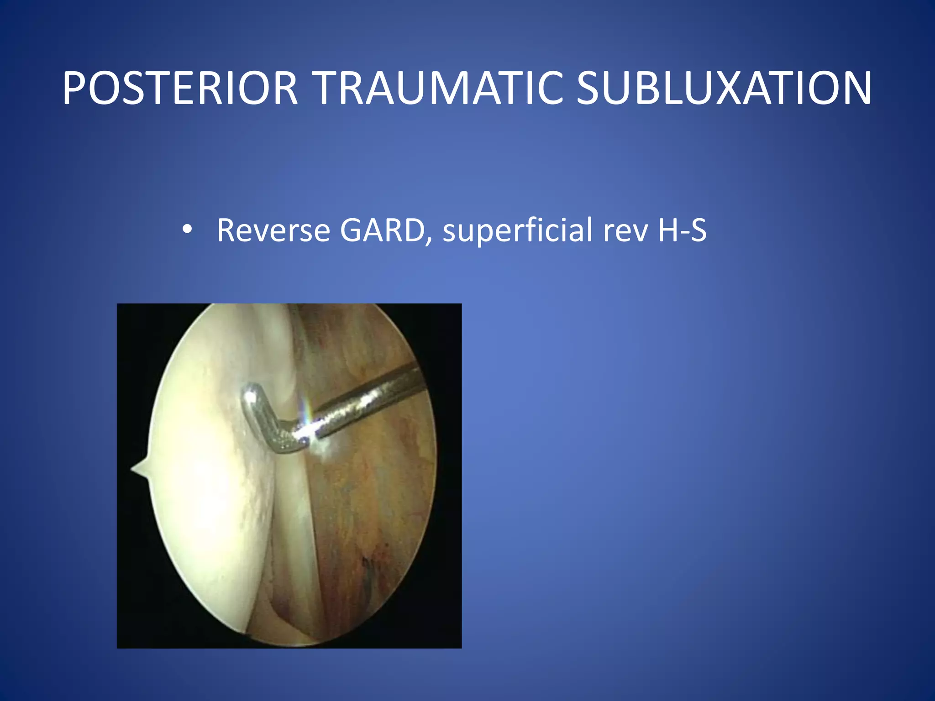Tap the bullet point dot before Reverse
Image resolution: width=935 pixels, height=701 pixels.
tap(187, 230)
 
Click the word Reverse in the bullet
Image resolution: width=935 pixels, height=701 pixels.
tap(273, 230)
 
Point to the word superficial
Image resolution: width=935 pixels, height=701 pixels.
tap(518, 230)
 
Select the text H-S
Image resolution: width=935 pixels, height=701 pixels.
tap(682, 230)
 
